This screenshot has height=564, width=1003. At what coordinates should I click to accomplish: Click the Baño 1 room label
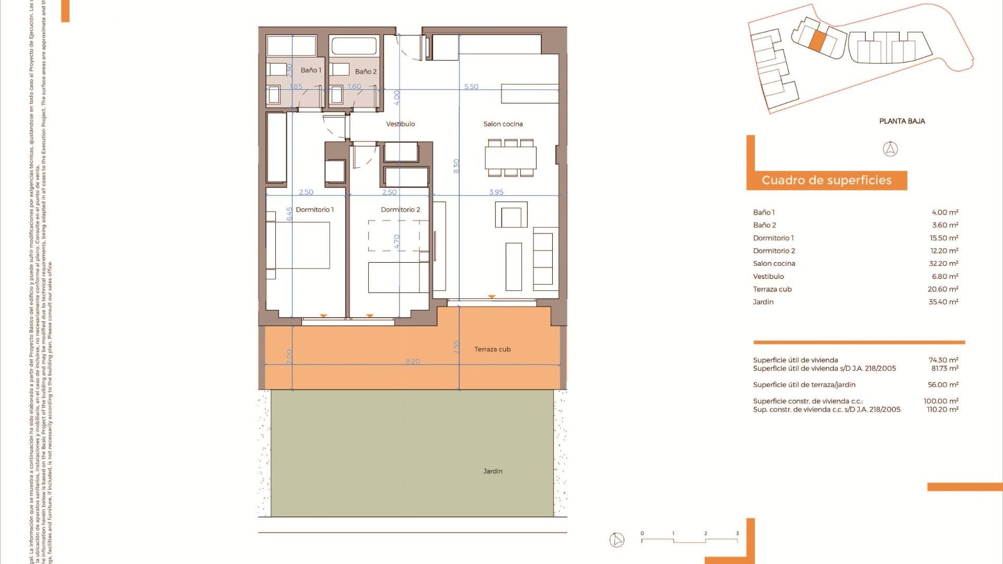pos(311,70)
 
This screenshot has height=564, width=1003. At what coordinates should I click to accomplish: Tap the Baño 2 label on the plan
pos(365,72)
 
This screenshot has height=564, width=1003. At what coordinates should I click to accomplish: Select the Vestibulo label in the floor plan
pos(400,124)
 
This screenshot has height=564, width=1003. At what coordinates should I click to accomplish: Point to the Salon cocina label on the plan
pos(503,124)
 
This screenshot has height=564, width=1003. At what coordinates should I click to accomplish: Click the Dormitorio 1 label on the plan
pos(314,209)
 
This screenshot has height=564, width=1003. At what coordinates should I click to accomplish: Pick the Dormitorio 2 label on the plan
pos(400,209)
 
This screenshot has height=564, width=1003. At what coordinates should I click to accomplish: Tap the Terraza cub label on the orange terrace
pos(492,349)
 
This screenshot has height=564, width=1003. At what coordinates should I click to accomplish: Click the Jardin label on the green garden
pos(493,471)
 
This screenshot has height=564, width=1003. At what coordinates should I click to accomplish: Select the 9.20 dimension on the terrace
pos(413,361)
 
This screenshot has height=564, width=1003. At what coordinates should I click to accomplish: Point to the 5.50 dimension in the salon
pos(471,87)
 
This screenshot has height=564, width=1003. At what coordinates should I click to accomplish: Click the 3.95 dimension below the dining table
pos(496,192)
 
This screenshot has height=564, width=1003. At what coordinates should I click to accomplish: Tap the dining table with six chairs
pos(510,157)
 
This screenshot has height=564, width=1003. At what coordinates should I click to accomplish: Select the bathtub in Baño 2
pos(354,46)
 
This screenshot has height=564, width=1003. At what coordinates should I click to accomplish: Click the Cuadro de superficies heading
pos(826,180)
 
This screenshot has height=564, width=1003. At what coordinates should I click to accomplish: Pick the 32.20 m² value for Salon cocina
pos(943,264)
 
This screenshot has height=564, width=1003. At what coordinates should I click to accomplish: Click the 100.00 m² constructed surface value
pos(941,401)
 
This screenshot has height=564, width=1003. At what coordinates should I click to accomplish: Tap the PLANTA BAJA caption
pos(902,121)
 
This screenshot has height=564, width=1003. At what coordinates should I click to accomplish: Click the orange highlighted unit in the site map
pos(818,41)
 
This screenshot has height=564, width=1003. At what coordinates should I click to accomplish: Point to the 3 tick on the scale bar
pos(737,533)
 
